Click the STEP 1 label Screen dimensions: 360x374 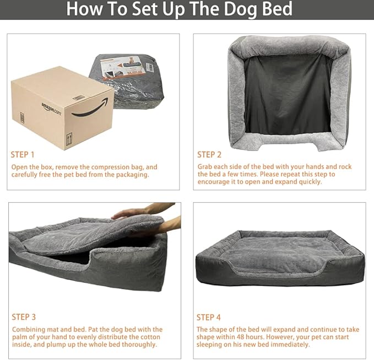coord(23,154)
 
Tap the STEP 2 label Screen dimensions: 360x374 coord(209,154)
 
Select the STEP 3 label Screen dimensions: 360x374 coord(24,317)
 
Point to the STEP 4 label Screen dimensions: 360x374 coord(209,317)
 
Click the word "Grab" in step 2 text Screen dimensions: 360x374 coord(207,166)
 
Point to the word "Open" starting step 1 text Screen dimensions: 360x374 coord(20,166)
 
